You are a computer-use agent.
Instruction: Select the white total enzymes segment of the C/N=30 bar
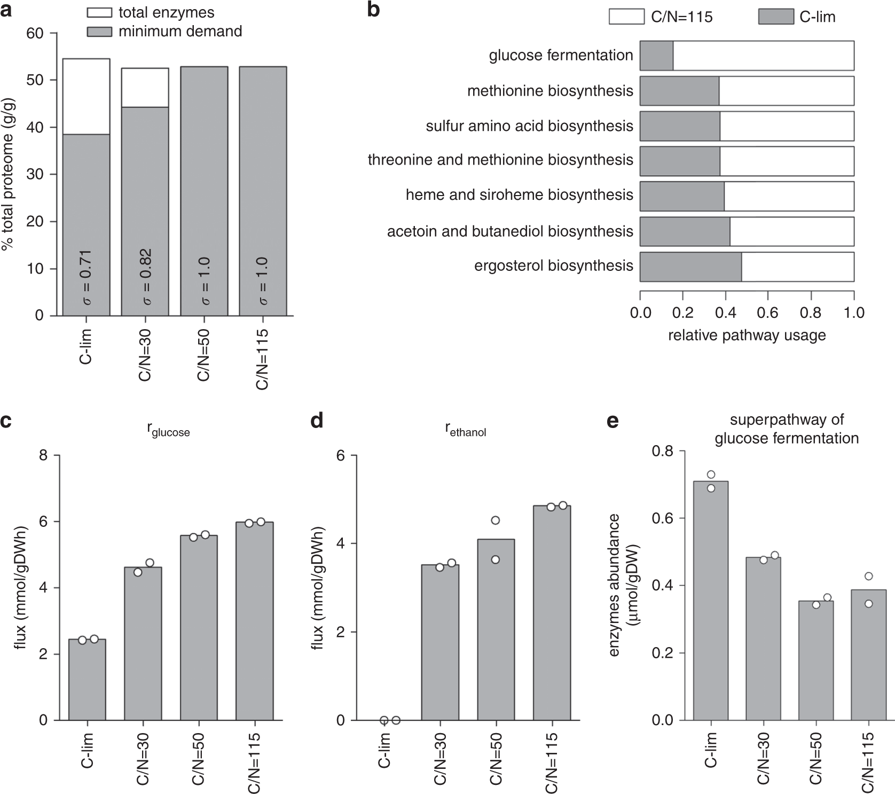[x=145, y=88]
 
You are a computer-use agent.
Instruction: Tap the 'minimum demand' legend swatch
[x=99, y=32]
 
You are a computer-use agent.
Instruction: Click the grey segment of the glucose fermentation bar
[x=656, y=56]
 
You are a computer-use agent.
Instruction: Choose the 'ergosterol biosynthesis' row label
[x=553, y=266]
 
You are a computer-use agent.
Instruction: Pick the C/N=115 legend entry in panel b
[x=661, y=17]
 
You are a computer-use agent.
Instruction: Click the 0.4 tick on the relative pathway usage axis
[x=725, y=313]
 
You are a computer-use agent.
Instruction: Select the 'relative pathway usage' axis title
[x=747, y=336]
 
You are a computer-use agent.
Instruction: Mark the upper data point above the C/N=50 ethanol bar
[x=495, y=520]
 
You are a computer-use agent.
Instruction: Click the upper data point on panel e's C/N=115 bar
[x=869, y=576]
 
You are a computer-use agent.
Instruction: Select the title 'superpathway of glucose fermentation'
[x=787, y=429]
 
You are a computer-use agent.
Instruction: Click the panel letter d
[x=317, y=421]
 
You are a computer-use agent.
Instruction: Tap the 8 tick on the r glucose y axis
[x=43, y=456]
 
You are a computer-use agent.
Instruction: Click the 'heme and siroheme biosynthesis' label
[x=519, y=195]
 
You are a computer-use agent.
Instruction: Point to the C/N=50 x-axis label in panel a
[x=203, y=355]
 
